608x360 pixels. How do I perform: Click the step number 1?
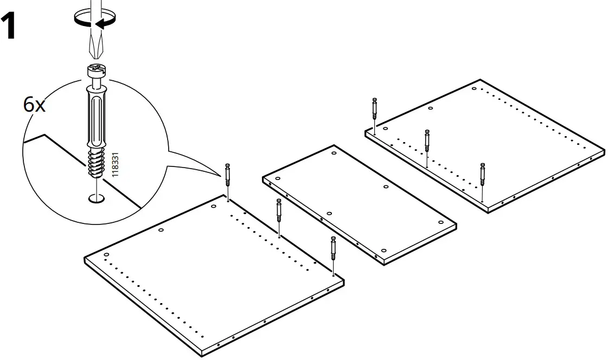pyautogui.click(x=15, y=28)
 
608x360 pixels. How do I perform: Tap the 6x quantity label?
pyautogui.click(x=35, y=105)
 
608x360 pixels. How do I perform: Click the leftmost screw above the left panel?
pyautogui.click(x=228, y=175)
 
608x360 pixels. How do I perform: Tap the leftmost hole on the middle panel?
pyautogui.click(x=278, y=179)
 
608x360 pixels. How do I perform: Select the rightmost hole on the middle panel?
pyautogui.click(x=439, y=226)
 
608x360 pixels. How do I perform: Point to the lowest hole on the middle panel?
pyautogui.click(x=383, y=250)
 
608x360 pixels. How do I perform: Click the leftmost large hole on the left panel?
pyautogui.click(x=106, y=255)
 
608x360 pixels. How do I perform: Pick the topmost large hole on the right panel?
pyautogui.click(x=474, y=88)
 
